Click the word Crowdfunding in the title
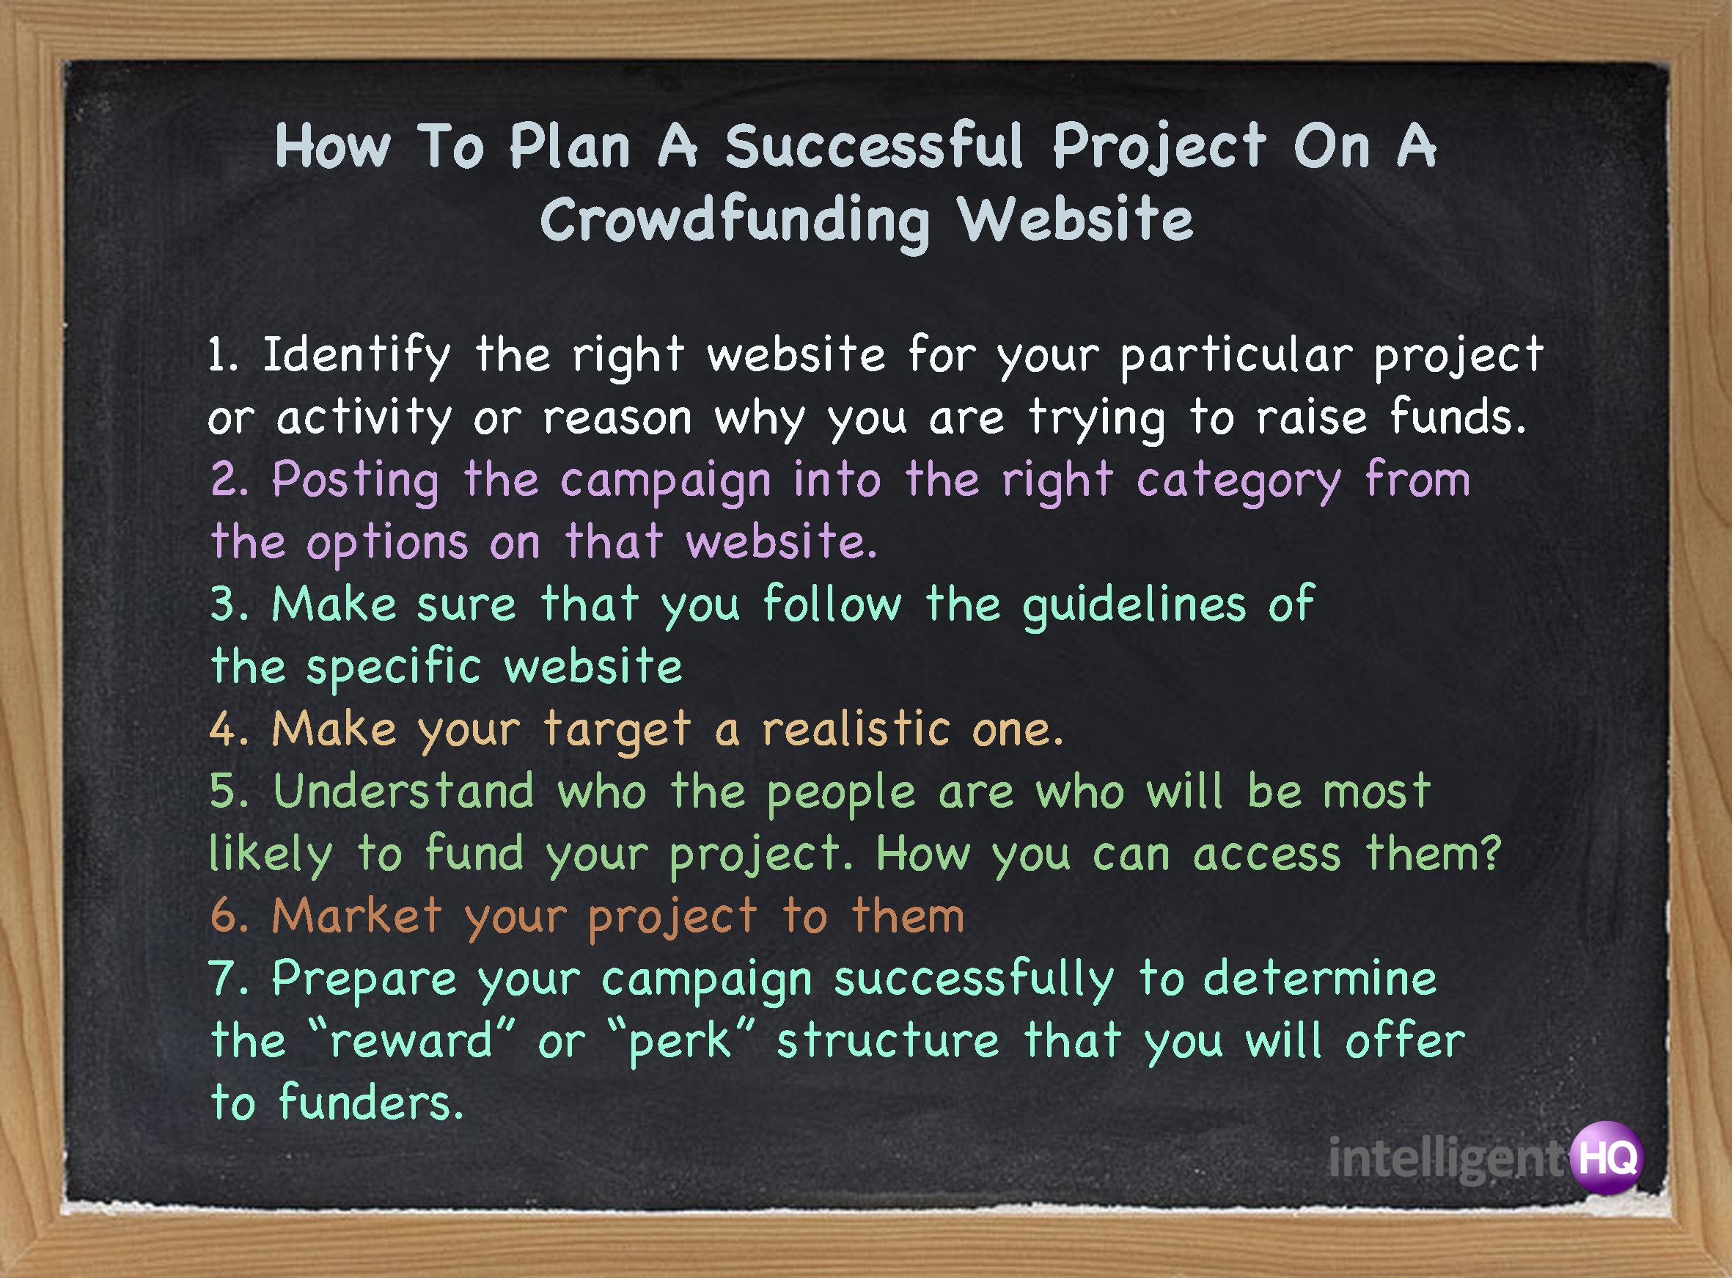[735, 222]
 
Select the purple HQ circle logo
[1607, 1158]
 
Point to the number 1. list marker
[224, 356]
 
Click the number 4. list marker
[229, 729]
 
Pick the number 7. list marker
[229, 979]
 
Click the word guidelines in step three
[1134, 606]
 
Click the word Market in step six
[357, 916]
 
